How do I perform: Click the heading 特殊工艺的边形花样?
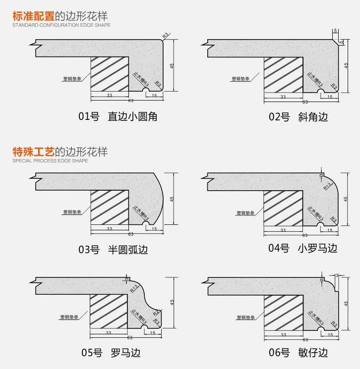60,152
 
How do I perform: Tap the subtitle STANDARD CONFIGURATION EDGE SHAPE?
61,25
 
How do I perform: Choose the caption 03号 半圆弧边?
113,250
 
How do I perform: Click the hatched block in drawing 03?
110,209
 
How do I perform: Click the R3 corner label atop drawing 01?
166,34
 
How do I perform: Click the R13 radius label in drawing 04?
328,186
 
